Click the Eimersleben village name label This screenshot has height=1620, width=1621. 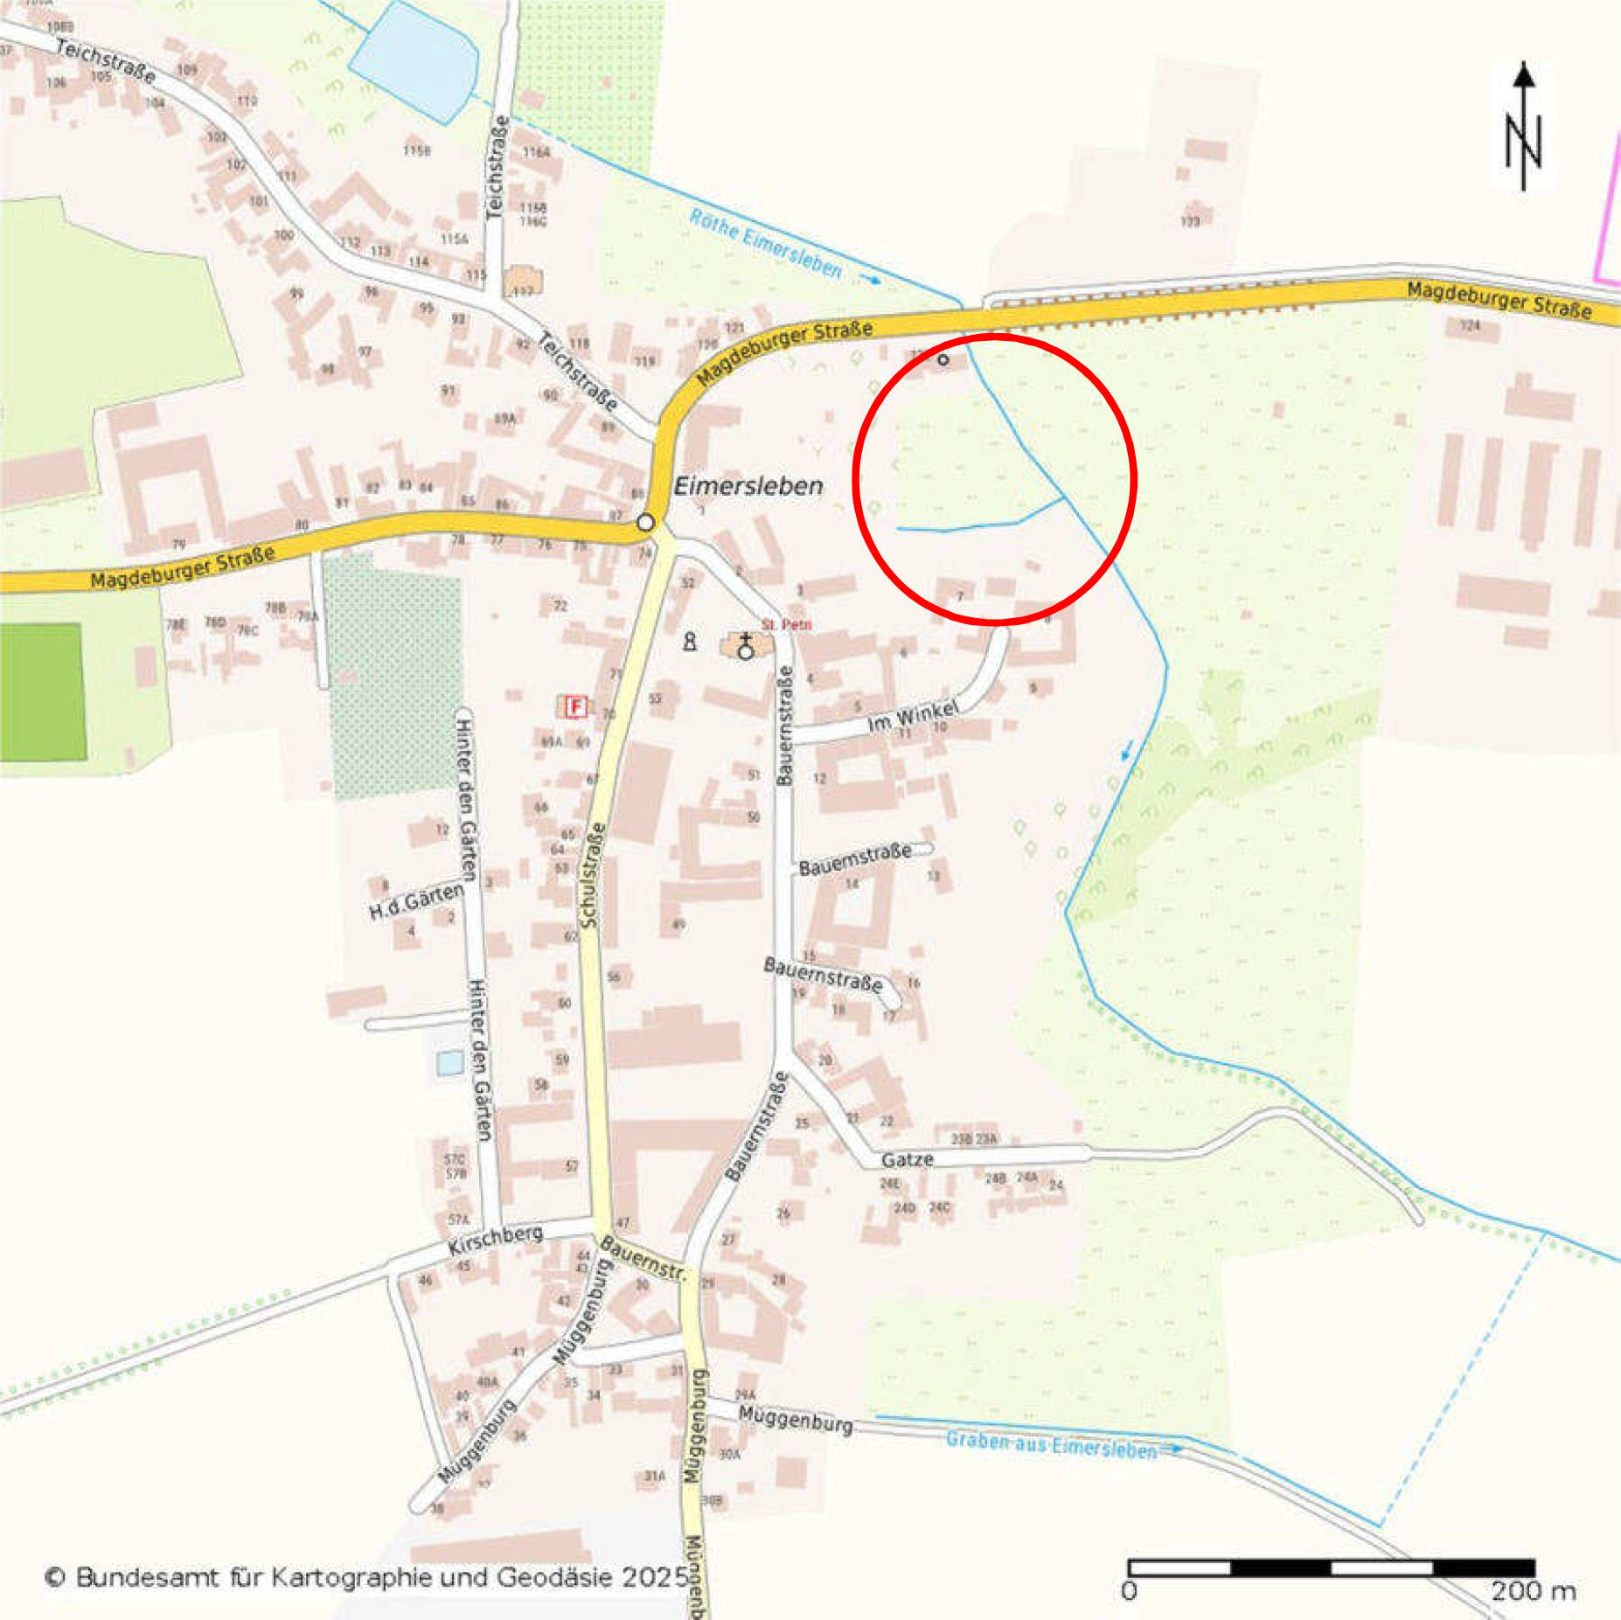coord(748,486)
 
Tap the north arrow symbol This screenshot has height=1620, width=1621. coord(1523,127)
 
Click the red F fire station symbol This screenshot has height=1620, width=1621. coord(574,706)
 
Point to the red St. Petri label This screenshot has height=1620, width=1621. coord(786,624)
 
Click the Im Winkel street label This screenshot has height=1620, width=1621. coord(912,716)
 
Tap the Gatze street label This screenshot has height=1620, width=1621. coord(907,1159)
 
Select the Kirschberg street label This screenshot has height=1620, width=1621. coord(495,1239)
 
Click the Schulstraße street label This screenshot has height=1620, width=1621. coord(592,875)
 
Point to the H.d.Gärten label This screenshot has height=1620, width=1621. coord(416,900)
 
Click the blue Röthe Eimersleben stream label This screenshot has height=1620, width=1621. coord(766,244)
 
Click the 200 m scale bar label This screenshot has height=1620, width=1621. coord(1533,1590)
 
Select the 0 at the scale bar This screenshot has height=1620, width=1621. coord(1129,1590)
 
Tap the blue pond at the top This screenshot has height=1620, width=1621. coord(415,59)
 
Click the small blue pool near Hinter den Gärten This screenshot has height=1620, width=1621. coord(449,1063)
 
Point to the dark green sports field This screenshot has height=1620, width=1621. coord(42,692)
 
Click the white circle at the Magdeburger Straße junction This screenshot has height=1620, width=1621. coord(645,523)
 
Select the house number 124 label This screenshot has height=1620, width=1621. coord(1470,325)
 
